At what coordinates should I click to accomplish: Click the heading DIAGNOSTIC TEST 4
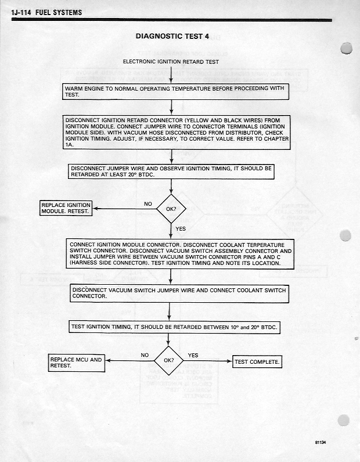pos(172,36)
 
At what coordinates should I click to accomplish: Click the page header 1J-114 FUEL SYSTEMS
pos(46,12)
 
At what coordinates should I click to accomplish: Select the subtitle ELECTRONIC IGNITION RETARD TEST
pos(171,61)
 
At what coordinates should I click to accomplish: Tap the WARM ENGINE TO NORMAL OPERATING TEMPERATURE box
pos(175,91)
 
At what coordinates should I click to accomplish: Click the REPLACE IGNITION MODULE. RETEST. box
pos(66,208)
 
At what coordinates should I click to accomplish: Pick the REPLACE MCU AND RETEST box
pos(76,363)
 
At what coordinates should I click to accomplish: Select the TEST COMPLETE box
pos(257,362)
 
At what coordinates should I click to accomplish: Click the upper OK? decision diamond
pos(171,208)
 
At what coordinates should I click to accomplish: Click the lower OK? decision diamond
pos(168,360)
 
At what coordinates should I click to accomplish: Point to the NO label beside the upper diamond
pos(148,203)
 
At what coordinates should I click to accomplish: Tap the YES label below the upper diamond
pos(181,229)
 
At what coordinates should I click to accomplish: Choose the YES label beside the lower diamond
pos(193,355)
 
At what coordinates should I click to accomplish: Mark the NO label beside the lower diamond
pos(145,355)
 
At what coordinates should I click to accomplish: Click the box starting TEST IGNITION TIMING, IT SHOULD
pos(174,327)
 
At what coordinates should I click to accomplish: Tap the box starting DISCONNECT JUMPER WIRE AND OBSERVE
pos(171,171)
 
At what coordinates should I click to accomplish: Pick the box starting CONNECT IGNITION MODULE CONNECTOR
pos(180,254)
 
